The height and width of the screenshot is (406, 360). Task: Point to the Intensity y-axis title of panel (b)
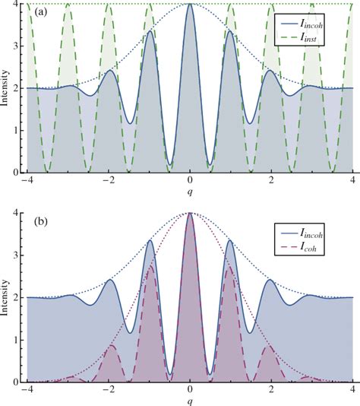click(6, 298)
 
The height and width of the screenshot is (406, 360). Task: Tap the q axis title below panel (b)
click(190, 401)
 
